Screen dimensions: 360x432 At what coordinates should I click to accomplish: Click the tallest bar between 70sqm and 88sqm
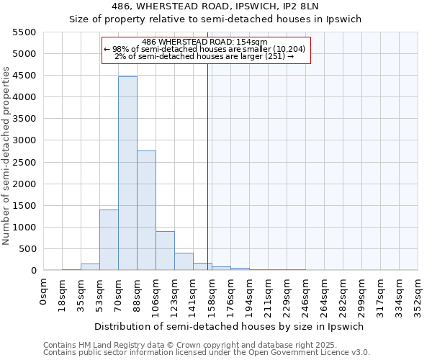click(x=127, y=173)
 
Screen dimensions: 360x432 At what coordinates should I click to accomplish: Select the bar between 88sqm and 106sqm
click(x=146, y=210)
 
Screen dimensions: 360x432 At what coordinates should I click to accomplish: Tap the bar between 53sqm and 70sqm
click(x=109, y=240)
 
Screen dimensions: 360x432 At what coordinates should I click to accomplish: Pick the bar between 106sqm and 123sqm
click(x=165, y=251)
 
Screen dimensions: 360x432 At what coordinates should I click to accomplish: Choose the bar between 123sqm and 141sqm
click(x=184, y=261)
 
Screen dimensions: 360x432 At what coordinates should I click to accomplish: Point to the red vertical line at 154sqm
click(x=207, y=166)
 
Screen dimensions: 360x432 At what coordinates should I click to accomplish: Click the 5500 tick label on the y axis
click(x=24, y=32)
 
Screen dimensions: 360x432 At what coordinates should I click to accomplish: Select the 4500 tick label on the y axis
click(x=24, y=76)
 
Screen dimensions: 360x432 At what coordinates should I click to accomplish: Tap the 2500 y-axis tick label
click(x=24, y=162)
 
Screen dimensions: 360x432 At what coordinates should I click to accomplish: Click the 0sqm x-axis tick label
click(x=44, y=290)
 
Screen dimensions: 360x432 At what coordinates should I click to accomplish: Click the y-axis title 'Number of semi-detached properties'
click(x=6, y=156)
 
